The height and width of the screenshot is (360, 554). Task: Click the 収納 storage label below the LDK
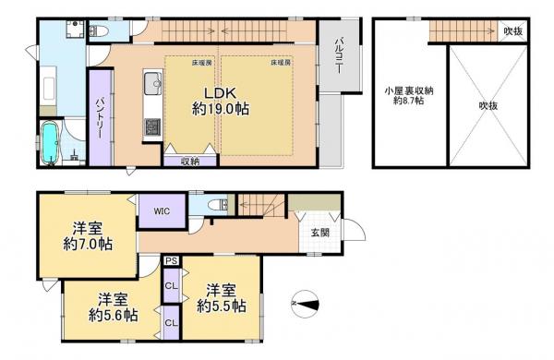(189, 159)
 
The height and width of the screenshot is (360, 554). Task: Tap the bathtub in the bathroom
(52, 144)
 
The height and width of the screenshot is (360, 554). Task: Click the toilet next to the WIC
(212, 205)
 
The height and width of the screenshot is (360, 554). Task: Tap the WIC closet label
(162, 211)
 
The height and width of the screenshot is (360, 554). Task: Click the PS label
(172, 262)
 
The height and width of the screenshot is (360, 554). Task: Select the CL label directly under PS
(172, 285)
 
